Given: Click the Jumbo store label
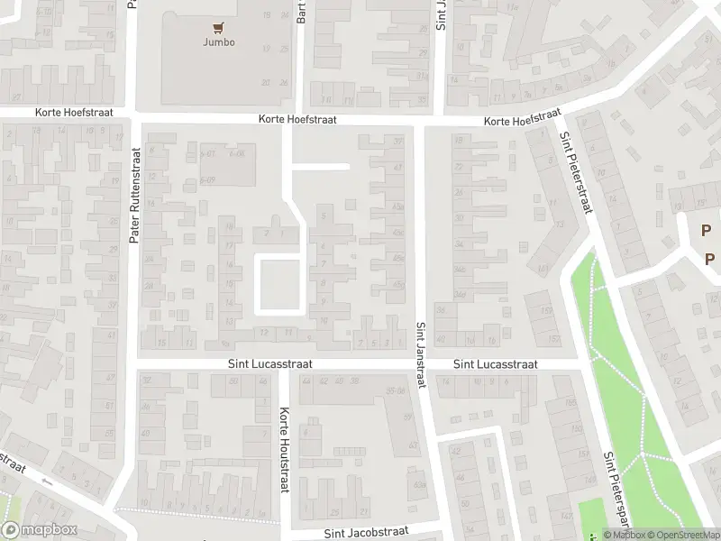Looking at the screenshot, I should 219,42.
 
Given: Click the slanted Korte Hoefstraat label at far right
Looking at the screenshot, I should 521,118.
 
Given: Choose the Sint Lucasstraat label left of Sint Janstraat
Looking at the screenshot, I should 269,364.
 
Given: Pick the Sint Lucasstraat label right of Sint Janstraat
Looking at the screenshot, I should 495,364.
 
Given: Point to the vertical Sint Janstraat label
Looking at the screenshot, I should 420,357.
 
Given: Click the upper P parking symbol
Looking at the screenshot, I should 706,230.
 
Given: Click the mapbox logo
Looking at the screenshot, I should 39,530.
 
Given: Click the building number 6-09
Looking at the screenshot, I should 208,180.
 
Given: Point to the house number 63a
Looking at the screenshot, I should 419,484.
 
